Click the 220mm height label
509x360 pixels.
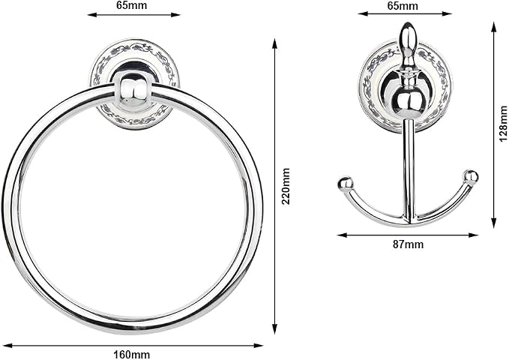pyautogui.click(x=286, y=186)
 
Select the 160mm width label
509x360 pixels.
pyautogui.click(x=131, y=354)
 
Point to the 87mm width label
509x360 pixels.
pyautogui.click(x=408, y=244)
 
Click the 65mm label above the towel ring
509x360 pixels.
pyautogui.click(x=131, y=5)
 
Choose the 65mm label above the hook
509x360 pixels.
pyautogui.click(x=403, y=5)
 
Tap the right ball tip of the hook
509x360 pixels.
pyautogui.click(x=471, y=177)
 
